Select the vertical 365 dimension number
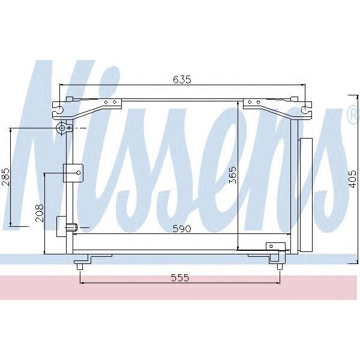click(x=233, y=175)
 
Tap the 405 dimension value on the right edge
click(x=352, y=178)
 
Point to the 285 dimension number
click(x=6, y=178)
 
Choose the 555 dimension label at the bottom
click(x=179, y=277)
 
